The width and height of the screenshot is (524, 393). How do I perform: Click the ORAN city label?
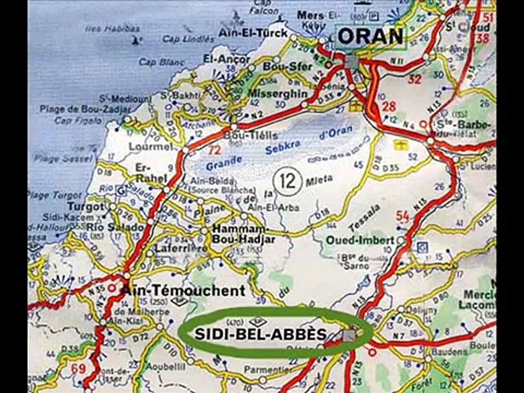[x=371, y=37]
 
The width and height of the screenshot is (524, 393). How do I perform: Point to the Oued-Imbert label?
[x=360, y=240]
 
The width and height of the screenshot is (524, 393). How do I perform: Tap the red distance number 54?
[x=403, y=216]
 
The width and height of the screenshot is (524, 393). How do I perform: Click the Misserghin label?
[x=278, y=93]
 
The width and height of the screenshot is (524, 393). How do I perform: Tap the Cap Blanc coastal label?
[x=156, y=62]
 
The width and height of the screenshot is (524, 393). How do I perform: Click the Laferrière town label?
[x=173, y=249]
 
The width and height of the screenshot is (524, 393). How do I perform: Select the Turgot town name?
[x=85, y=207]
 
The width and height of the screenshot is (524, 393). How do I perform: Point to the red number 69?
[x=79, y=369]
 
